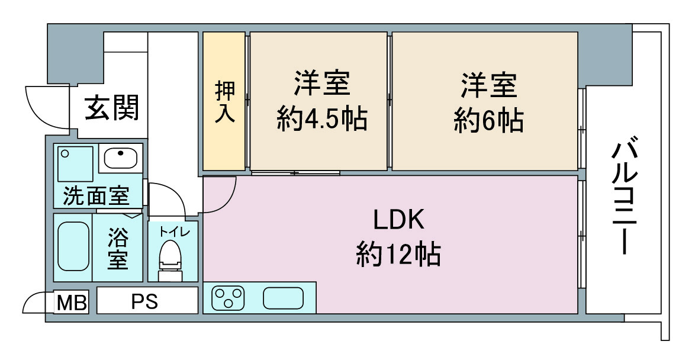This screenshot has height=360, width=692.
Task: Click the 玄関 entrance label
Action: (x=112, y=107)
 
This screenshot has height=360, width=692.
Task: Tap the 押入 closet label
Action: (x=225, y=102)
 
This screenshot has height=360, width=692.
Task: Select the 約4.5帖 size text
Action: (x=322, y=118)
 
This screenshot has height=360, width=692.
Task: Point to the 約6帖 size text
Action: (x=488, y=120)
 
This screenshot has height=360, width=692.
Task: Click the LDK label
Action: (x=399, y=219)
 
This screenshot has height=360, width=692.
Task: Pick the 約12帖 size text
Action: (x=398, y=254)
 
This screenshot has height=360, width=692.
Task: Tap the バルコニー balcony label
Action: (x=625, y=197)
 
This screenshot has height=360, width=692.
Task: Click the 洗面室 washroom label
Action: (x=96, y=195)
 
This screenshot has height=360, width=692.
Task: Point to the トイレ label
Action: (x=174, y=232)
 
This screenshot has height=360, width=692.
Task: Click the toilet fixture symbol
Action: (x=170, y=261)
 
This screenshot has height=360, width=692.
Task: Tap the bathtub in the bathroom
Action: (x=73, y=246)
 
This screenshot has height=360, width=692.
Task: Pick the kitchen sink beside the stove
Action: (x=284, y=298)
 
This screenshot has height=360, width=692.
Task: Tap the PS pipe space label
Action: (x=145, y=302)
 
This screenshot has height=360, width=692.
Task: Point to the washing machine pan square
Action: (x=75, y=164)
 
